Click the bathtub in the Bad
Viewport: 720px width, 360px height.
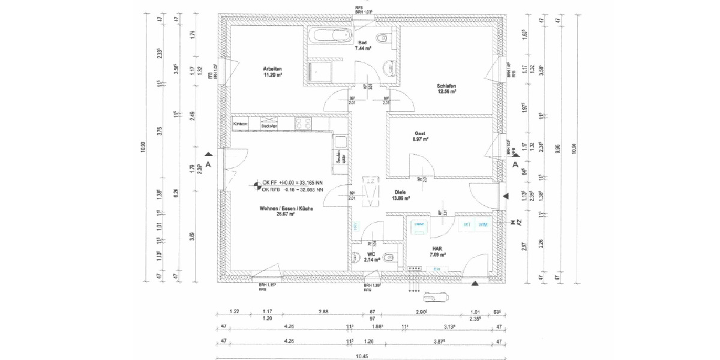(329, 35)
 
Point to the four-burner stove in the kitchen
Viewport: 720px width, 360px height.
(303, 124)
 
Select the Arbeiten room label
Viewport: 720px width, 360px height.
(272, 68)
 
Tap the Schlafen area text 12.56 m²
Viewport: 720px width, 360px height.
(446, 92)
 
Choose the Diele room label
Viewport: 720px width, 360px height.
(400, 192)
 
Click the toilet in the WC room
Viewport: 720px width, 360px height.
(388, 258)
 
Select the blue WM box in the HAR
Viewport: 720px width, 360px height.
(483, 225)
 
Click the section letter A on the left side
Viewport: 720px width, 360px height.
(208, 163)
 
